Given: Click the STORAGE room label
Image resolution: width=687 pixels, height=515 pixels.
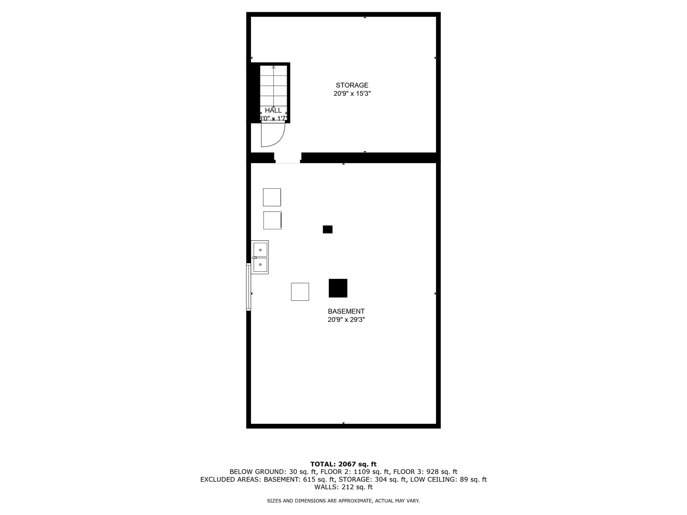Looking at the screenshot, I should coord(352,85).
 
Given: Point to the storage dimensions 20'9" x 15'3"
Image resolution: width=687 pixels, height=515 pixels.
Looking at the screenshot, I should coord(352,94).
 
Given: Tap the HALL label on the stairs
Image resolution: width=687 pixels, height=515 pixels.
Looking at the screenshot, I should coord(273,110).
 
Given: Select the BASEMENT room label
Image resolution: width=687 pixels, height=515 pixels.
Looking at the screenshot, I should coord(346,311).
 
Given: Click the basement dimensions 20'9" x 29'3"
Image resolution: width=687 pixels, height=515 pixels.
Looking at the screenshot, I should coord(346,320).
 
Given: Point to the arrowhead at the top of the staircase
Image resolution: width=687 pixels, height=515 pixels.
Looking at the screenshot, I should coord(273,67).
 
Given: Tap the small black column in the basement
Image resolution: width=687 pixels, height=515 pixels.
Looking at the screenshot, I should coord(327,229).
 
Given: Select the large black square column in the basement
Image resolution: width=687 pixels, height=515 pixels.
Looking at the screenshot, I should coord(338,288).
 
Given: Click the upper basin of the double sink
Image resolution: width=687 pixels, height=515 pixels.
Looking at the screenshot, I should coord(260,249).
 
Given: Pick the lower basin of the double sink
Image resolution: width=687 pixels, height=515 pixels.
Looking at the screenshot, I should coord(260,265).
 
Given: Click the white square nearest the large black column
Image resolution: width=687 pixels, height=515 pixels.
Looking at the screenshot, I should coord(300,292).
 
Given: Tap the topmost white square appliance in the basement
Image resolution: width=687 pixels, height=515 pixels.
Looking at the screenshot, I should coord(272,197).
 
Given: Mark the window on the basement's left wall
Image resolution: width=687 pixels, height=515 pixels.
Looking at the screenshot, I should coord(249,287).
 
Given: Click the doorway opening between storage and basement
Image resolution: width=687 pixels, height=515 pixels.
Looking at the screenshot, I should coord(288,158).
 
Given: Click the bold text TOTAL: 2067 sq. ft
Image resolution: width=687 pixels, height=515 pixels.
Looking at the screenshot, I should coord(343,464).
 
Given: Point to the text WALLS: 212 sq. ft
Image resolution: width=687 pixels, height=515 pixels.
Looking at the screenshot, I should coord(343,487).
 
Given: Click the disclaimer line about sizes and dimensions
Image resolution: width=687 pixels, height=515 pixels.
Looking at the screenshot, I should coord(343,501).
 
